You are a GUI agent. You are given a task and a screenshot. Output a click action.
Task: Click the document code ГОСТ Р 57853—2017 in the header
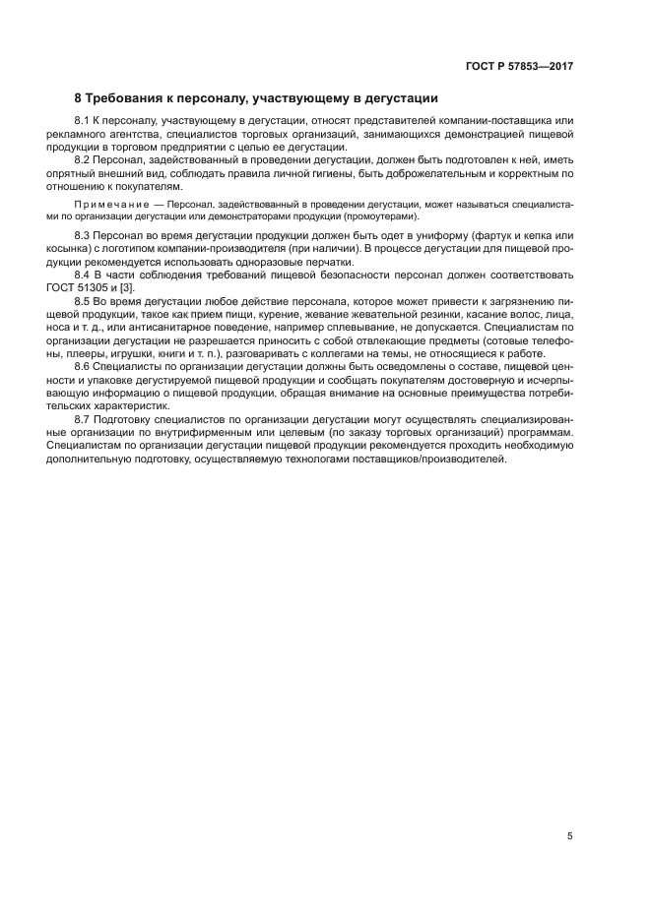519,66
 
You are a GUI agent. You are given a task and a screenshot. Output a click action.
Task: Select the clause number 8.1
83,120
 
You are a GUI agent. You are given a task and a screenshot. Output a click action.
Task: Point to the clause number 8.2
83,158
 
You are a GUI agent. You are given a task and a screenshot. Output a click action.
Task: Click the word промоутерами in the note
381,215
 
